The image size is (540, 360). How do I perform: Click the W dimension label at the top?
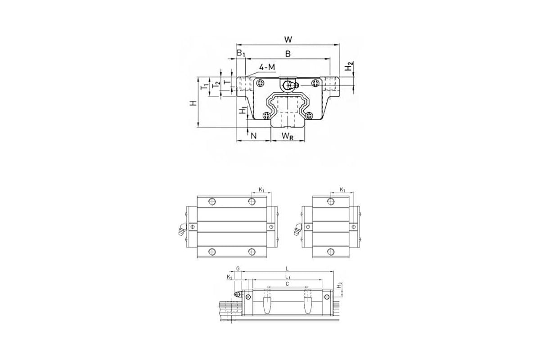pyautogui.click(x=288, y=39)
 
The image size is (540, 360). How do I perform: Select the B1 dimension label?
pyautogui.click(x=241, y=53)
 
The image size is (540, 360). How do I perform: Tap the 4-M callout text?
pyautogui.click(x=267, y=67)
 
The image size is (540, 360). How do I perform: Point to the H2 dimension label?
pyautogui.click(x=349, y=66)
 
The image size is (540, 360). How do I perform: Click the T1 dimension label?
pyautogui.click(x=204, y=86)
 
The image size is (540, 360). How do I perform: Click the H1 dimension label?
pyautogui.click(x=243, y=110)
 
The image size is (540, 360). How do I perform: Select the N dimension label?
pyautogui.click(x=253, y=136)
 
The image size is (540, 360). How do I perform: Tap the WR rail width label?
pyautogui.click(x=288, y=136)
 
